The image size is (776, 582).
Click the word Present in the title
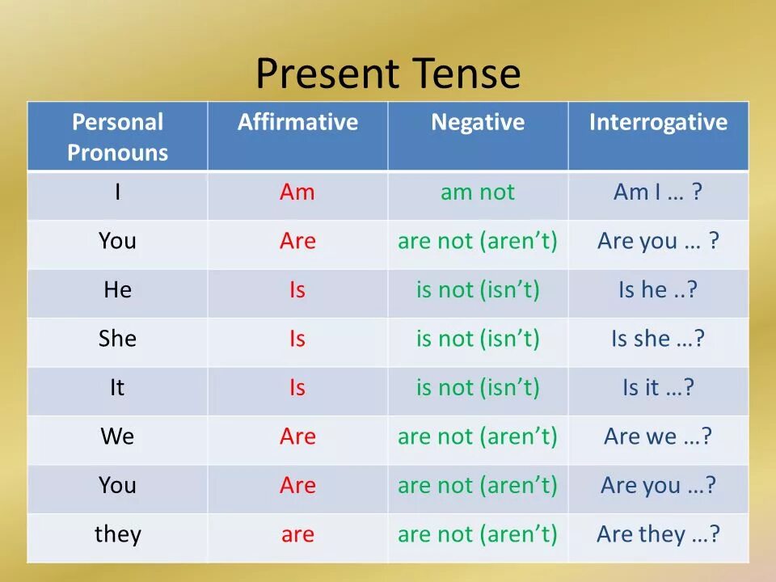(327, 74)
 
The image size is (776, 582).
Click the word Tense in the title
(466, 73)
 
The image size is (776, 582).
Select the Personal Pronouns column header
(118, 137)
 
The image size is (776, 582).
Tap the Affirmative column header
(297, 122)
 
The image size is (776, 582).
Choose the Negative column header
(478, 123)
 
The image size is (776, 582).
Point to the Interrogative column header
(658, 123)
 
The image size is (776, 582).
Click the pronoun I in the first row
(117, 192)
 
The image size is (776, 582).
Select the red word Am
(297, 192)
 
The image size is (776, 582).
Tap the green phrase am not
(478, 192)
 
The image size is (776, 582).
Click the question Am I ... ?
(658, 192)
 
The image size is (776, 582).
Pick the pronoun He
(118, 289)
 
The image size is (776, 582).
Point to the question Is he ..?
(658, 289)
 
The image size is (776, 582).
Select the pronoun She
(117, 339)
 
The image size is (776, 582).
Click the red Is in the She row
(297, 339)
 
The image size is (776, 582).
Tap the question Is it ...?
(658, 387)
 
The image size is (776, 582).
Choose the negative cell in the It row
(478, 388)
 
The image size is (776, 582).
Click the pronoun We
(117, 436)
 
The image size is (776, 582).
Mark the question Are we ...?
(658, 436)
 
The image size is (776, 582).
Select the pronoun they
(118, 535)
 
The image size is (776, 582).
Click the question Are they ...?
(658, 535)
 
